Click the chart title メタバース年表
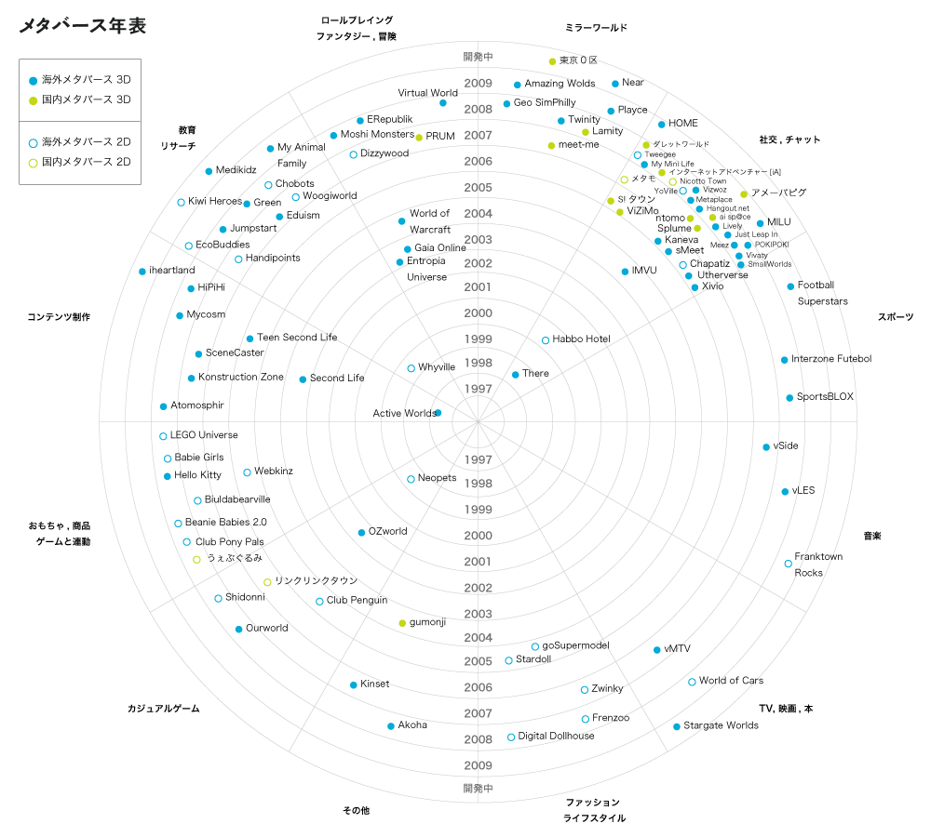[x=82, y=26]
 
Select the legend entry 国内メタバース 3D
[x=86, y=99]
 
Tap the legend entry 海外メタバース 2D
[x=86, y=142]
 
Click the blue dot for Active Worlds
[x=438, y=412]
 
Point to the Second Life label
[x=337, y=379]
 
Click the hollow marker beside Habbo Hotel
[x=546, y=340]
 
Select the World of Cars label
[x=731, y=681]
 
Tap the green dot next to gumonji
[x=402, y=622]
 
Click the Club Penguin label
[x=357, y=601]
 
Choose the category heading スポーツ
[x=895, y=317]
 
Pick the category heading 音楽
[x=871, y=536]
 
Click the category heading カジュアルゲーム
[x=163, y=709]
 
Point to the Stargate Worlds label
[x=721, y=725]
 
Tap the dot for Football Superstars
[x=790, y=286]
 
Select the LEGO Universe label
[x=204, y=435]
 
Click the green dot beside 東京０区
[x=552, y=61]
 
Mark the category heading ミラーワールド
[x=596, y=28]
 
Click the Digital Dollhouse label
[x=556, y=737]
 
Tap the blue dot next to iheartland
[x=142, y=272]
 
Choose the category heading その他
[x=356, y=811]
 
